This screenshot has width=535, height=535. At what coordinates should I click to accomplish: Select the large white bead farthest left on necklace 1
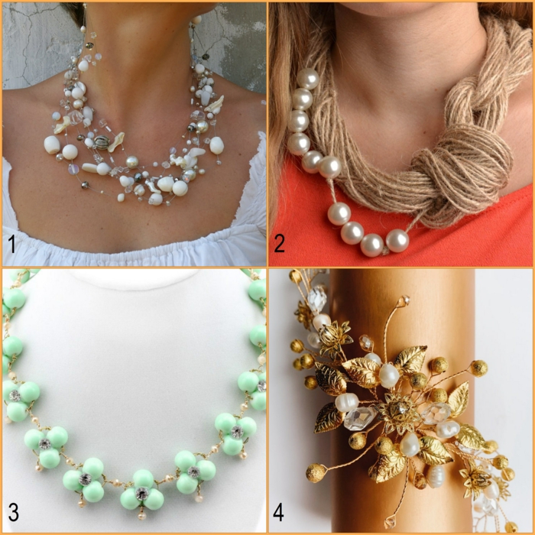pyautogui.click(x=52, y=144)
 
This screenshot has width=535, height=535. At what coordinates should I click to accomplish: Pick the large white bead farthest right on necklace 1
pyautogui.click(x=216, y=144)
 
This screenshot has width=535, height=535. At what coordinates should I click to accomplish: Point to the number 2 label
pyautogui.click(x=280, y=245)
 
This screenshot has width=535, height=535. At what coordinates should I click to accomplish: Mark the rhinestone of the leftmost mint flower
pyautogui.click(x=14, y=395)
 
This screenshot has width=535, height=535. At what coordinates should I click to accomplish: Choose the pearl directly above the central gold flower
pyautogui.click(x=389, y=374)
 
